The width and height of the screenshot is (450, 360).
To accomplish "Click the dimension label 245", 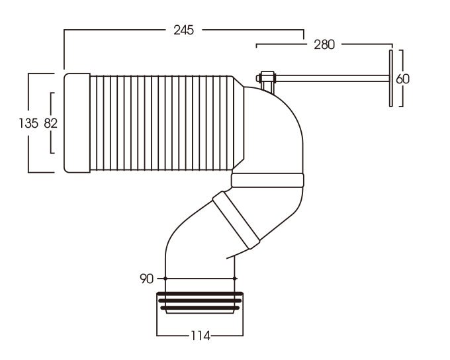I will point(185,30).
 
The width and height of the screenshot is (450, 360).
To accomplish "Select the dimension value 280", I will point(324,44).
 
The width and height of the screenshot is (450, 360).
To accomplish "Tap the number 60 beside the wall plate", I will point(402,78).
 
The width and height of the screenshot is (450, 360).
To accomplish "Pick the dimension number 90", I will point(146,278).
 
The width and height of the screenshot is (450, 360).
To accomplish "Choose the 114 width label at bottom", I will point(199,336).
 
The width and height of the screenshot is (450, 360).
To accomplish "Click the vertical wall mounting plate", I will point(391,78).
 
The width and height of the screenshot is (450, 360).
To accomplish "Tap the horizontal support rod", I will point(331,78).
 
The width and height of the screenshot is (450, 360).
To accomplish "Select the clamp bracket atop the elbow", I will point(266,81).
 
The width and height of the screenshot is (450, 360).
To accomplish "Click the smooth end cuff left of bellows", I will point(77,123).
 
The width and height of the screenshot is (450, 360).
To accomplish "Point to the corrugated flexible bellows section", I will point(165,123).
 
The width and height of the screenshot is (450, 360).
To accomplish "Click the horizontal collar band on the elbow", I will point(267,181).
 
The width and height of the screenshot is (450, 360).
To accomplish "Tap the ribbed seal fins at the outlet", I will point(199,301).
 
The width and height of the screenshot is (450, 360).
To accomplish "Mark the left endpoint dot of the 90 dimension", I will point(164,278).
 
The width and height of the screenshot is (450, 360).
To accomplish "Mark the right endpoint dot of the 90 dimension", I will point(234,278).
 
